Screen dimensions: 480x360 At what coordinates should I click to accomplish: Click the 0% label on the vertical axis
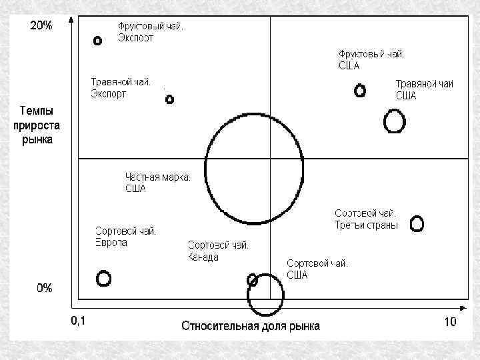[45, 288]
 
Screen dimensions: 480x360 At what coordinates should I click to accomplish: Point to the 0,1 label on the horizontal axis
[79, 321]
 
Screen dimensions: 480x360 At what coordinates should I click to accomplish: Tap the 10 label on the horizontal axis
[450, 322]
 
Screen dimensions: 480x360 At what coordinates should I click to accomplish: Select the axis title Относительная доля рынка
[251, 326]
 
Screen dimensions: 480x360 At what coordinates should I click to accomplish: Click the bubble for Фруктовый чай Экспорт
[98, 41]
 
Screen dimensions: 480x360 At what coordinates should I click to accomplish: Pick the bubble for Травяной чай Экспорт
[169, 99]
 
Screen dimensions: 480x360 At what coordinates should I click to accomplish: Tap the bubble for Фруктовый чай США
[360, 90]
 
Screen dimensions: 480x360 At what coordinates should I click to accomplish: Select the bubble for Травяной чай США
[395, 121]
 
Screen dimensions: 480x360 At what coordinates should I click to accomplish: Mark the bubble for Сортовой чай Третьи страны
[417, 223]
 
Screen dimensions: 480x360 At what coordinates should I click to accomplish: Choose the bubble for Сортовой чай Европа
[103, 278]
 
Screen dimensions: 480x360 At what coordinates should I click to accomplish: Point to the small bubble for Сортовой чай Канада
[252, 279]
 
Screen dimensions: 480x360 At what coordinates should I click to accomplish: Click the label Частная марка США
[158, 183]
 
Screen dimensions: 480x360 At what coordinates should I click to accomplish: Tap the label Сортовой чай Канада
[219, 251]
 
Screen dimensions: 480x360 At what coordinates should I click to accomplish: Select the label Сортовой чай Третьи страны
[366, 219]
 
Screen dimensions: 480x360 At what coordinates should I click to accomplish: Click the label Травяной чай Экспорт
[121, 88]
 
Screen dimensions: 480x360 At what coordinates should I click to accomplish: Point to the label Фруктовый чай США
[371, 59]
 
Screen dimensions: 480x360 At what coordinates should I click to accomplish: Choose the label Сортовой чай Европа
[125, 237]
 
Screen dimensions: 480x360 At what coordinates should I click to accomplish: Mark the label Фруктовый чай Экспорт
[151, 32]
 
